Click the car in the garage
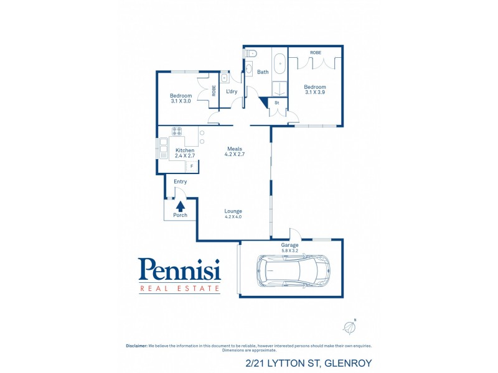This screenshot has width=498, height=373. pos(293,270)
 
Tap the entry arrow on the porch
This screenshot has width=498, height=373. pos(181,206)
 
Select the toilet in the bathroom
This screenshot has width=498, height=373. pos(250,53)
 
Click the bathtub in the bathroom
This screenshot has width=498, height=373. pos(280,64)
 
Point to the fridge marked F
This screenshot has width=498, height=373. pos(192,166)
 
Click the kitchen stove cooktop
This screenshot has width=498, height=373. pos(177,131)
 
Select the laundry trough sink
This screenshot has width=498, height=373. pos(224,77)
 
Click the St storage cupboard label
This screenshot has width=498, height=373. pos(276,103)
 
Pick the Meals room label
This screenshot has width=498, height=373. pos(235,149)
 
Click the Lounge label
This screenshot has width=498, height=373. pos(233,211)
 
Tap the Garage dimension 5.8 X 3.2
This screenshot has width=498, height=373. pos(289,251)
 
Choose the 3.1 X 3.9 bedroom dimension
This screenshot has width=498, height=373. pos(315,92)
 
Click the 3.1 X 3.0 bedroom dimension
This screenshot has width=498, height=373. pos(181,101)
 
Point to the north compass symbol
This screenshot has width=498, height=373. pos(349,327)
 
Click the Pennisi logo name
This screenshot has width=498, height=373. pos(179,269)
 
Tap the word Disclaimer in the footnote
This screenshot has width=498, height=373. pos(136,346)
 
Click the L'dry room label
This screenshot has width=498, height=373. pos(232,91)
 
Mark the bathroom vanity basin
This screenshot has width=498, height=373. pos(248,68)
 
